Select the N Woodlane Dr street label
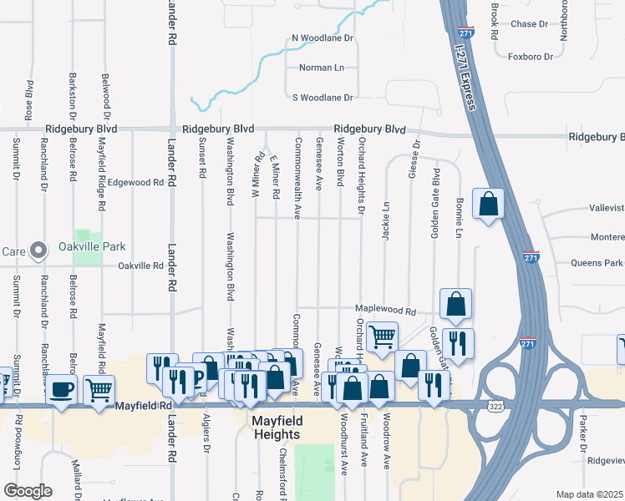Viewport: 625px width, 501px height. coord(323,38)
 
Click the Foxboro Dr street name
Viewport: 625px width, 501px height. coord(531,57)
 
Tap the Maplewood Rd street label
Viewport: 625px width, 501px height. coord(385,311)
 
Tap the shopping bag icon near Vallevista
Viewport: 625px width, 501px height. coord(488,204)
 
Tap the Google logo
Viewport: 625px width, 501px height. coord(27,491)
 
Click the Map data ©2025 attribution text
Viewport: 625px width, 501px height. coord(589,494)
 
